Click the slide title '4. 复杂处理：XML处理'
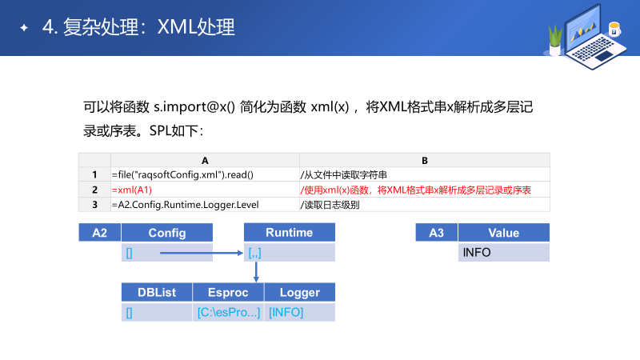138,27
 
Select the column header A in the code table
205,160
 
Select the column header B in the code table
425,160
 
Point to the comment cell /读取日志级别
329,204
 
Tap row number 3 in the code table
94,204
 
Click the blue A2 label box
100,233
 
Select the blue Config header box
167,233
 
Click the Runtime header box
289,233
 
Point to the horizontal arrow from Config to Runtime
200,253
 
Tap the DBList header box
157,293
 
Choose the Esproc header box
228,293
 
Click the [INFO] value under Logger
286,312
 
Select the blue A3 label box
437,233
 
